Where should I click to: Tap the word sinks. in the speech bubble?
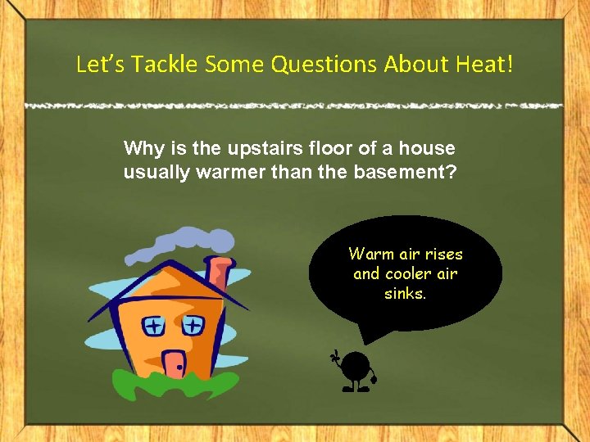pos(406,293)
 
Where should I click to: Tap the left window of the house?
pos(153,327)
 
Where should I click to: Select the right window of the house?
pos(193,325)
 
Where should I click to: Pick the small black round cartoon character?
pos(356,370)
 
